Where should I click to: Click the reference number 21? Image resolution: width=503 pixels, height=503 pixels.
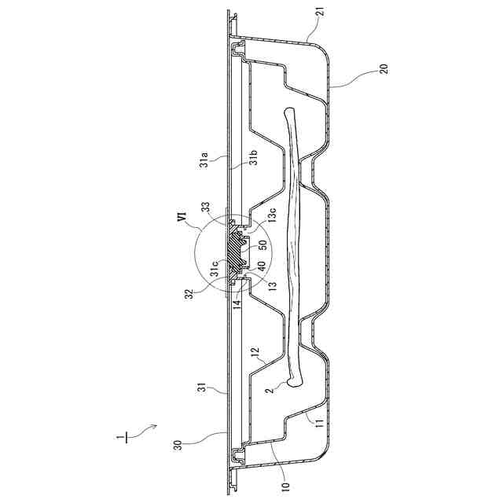click(x=322, y=13)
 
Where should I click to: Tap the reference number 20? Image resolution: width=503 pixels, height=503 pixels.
click(x=384, y=69)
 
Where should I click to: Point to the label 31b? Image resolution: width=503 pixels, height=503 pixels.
click(x=255, y=158)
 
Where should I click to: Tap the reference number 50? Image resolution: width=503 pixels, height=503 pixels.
click(x=263, y=245)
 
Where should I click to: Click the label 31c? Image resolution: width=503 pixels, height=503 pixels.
click(x=215, y=269)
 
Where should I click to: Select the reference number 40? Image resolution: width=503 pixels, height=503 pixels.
click(x=262, y=267)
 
